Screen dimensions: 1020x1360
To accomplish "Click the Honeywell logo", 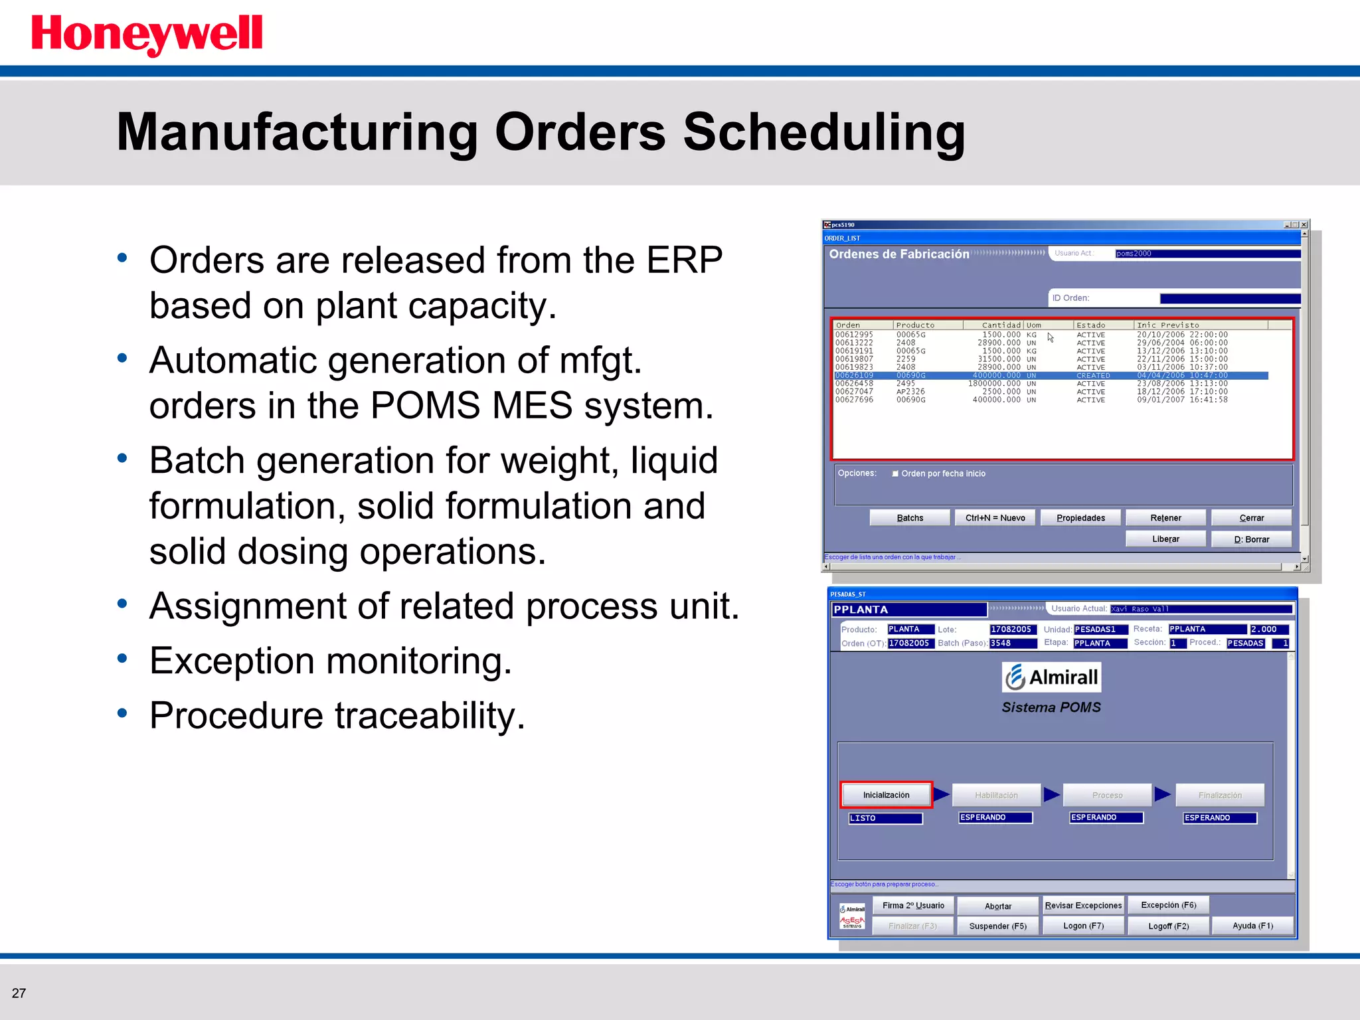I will tap(147, 35).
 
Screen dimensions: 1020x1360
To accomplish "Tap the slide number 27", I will tap(19, 993).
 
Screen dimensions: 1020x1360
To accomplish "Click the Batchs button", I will tap(909, 518).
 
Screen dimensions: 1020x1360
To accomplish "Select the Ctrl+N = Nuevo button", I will tap(995, 518).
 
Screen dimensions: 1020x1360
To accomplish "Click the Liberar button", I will tap(1165, 539).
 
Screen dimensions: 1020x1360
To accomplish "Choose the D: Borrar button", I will tap(1251, 539).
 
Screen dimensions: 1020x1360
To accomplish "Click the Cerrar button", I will tap(1251, 518).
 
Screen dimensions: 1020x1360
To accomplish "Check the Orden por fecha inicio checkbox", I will tap(895, 473).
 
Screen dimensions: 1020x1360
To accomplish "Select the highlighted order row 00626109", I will tap(1049, 376).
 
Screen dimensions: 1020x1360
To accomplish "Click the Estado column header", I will tap(1091, 325).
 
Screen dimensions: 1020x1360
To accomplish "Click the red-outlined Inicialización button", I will tap(886, 795).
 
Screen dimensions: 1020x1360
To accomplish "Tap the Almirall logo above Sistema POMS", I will tap(1051, 677).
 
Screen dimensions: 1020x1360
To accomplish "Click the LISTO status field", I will tap(885, 818).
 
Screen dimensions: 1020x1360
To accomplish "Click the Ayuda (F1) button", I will tap(1252, 926).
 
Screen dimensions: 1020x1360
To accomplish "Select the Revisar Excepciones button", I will tap(1083, 905).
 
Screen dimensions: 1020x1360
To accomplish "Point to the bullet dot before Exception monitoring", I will tap(122, 658).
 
